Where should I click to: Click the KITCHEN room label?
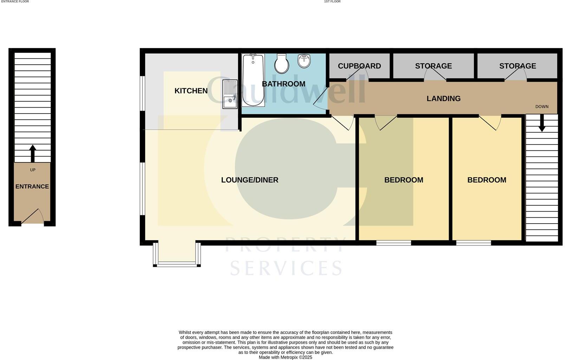pos(191,91)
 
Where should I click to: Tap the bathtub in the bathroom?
pos(253,80)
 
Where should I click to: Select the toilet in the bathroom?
pos(281,64)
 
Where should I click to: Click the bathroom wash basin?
pos(304,61)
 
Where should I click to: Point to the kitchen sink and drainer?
pos(230,94)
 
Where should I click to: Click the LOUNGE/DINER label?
pos(249,180)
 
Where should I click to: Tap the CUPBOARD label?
pos(359,66)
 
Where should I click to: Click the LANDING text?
pos(443,99)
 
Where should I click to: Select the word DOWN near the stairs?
pos(541,107)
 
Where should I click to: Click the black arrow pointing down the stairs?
pos(542,124)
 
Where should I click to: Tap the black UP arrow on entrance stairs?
pos(33,153)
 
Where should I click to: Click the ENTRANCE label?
pos(32,187)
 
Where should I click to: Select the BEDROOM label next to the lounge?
pos(403,180)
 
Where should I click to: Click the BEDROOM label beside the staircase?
pos(487,180)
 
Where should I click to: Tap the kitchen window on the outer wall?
pos(143,94)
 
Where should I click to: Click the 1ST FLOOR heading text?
pos(332,2)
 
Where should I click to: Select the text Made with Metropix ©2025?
pos(285,357)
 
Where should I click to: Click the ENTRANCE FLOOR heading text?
pos(15,2)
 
